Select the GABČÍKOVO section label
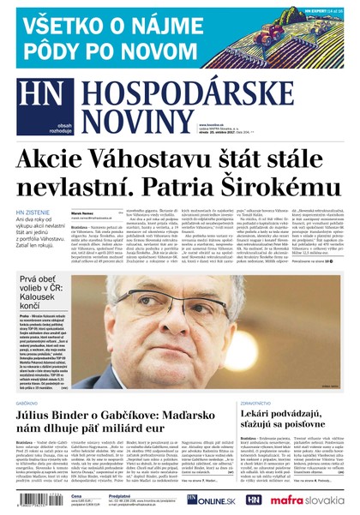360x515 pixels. point(28,402)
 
